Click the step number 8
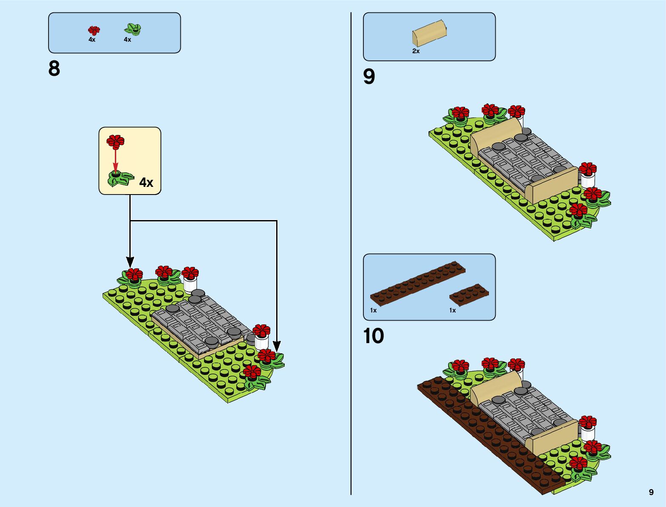tap(54, 69)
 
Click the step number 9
tap(369, 77)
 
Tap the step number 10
tap(374, 336)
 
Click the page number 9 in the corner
tap(651, 492)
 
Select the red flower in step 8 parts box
tap(94, 30)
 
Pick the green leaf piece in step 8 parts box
tap(133, 29)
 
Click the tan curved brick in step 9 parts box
tap(429, 33)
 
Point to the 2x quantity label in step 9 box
tap(416, 51)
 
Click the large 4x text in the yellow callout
tap(146, 183)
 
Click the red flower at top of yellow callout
tap(115, 141)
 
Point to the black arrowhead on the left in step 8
tap(130, 262)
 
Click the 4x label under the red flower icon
tap(92, 40)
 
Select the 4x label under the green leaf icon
tap(127, 40)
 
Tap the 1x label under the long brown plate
tap(373, 310)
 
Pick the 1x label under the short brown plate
tap(452, 310)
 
